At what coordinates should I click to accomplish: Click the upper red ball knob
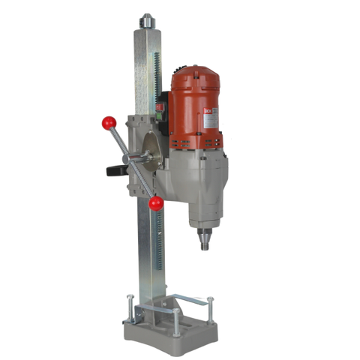[109, 122]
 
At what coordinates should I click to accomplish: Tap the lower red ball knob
[156, 202]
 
